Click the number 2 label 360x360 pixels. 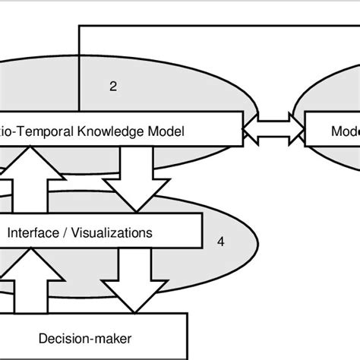[x=113, y=86]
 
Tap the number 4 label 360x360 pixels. [x=220, y=242]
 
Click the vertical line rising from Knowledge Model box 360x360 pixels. [x=79, y=68]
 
